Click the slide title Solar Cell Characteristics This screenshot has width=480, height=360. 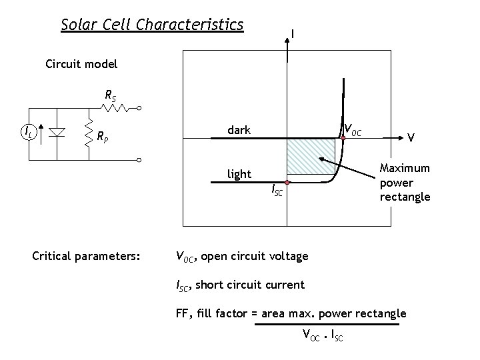(x=152, y=25)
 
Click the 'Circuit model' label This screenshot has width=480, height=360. (x=81, y=65)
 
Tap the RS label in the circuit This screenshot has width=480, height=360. (x=111, y=95)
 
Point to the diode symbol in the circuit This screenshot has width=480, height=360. (x=57, y=133)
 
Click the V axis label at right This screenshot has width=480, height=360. (x=412, y=137)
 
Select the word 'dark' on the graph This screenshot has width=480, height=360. (x=239, y=130)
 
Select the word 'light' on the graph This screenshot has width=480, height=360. (x=239, y=174)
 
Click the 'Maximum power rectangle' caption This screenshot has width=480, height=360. (x=405, y=183)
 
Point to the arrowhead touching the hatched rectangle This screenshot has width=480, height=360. (x=321, y=161)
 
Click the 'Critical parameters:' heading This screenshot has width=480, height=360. (x=87, y=255)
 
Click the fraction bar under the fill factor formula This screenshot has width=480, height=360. (x=325, y=325)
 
